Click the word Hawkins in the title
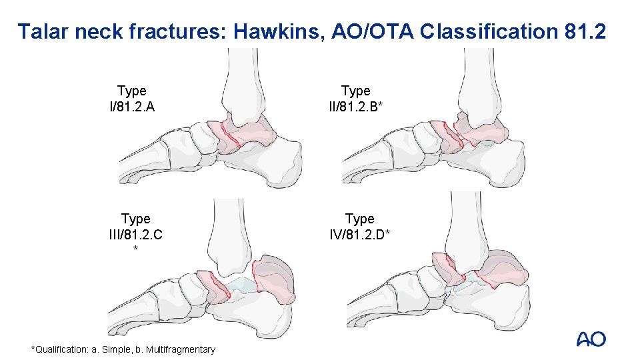275,31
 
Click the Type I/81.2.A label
132,98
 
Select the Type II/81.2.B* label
356,98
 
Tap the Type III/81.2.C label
136,226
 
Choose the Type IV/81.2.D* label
360,226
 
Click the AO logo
591,339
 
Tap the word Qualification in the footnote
59,349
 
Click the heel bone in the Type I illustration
280,157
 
